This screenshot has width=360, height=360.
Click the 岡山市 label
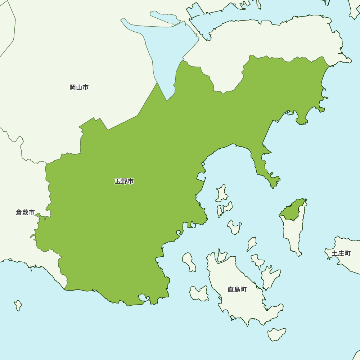pyautogui.click(x=79, y=87)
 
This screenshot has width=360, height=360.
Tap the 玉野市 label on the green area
pyautogui.click(x=124, y=181)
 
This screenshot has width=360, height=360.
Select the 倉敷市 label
pyautogui.click(x=25, y=212)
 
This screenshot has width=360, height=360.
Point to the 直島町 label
pyautogui.click(x=237, y=289)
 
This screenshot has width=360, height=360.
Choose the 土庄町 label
pyautogui.click(x=341, y=253)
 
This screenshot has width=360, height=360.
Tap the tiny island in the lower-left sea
pyautogui.click(x=18, y=305)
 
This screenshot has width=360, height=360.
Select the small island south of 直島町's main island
pyautogui.click(x=276, y=334)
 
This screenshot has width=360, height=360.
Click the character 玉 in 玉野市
pyautogui.click(x=118, y=181)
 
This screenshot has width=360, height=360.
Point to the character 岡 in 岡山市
pyautogui.click(x=73, y=87)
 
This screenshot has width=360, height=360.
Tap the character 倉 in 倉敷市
pyautogui.click(x=19, y=212)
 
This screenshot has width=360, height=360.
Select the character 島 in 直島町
pyautogui.click(x=237, y=289)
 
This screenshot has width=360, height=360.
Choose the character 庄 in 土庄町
pyautogui.click(x=341, y=253)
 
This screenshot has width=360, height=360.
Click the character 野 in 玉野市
pyautogui.click(x=124, y=181)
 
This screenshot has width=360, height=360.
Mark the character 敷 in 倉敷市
pyautogui.click(x=25, y=212)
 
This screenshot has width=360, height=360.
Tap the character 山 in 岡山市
pyautogui.click(x=79, y=87)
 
